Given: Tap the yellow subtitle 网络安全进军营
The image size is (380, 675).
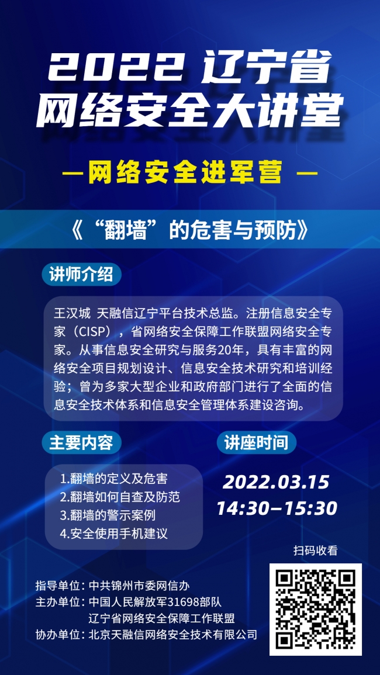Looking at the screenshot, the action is click(x=186, y=173).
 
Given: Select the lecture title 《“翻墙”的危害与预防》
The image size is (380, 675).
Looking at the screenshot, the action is click(x=189, y=231).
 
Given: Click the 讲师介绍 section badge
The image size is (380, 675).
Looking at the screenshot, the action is click(x=81, y=275).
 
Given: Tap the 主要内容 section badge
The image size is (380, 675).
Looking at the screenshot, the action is click(x=81, y=443).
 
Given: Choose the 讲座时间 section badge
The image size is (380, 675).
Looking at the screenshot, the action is click(x=256, y=443).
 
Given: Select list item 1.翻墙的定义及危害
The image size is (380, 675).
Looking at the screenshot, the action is click(x=114, y=479).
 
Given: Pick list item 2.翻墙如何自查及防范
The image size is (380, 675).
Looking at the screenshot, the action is click(x=120, y=497).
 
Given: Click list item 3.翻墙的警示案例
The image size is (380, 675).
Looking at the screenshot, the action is click(x=108, y=515).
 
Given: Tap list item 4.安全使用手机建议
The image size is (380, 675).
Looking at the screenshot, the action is click(x=114, y=534).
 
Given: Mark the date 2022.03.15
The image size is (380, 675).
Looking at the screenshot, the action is click(x=276, y=482).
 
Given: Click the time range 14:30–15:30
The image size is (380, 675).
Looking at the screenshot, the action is click(x=277, y=508).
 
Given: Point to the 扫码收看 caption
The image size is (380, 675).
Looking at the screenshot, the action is click(x=315, y=550).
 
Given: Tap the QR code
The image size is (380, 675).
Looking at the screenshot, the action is click(x=316, y=610).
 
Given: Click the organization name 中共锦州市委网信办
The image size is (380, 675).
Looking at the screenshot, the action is click(x=139, y=586).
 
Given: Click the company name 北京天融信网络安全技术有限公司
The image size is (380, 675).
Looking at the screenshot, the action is click(x=173, y=634).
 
